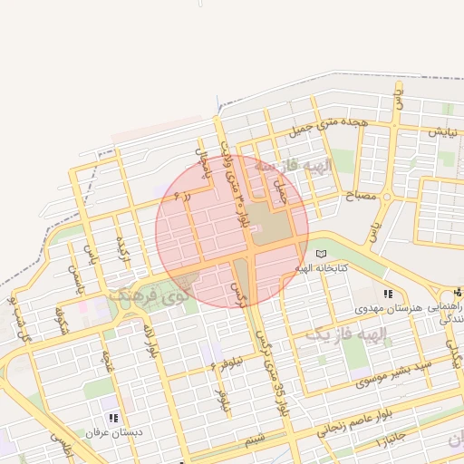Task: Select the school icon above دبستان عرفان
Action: tap(114, 418)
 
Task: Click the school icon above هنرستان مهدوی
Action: tap(388, 294)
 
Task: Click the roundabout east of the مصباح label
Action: tap(387, 197)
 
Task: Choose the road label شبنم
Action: tap(256, 440)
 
